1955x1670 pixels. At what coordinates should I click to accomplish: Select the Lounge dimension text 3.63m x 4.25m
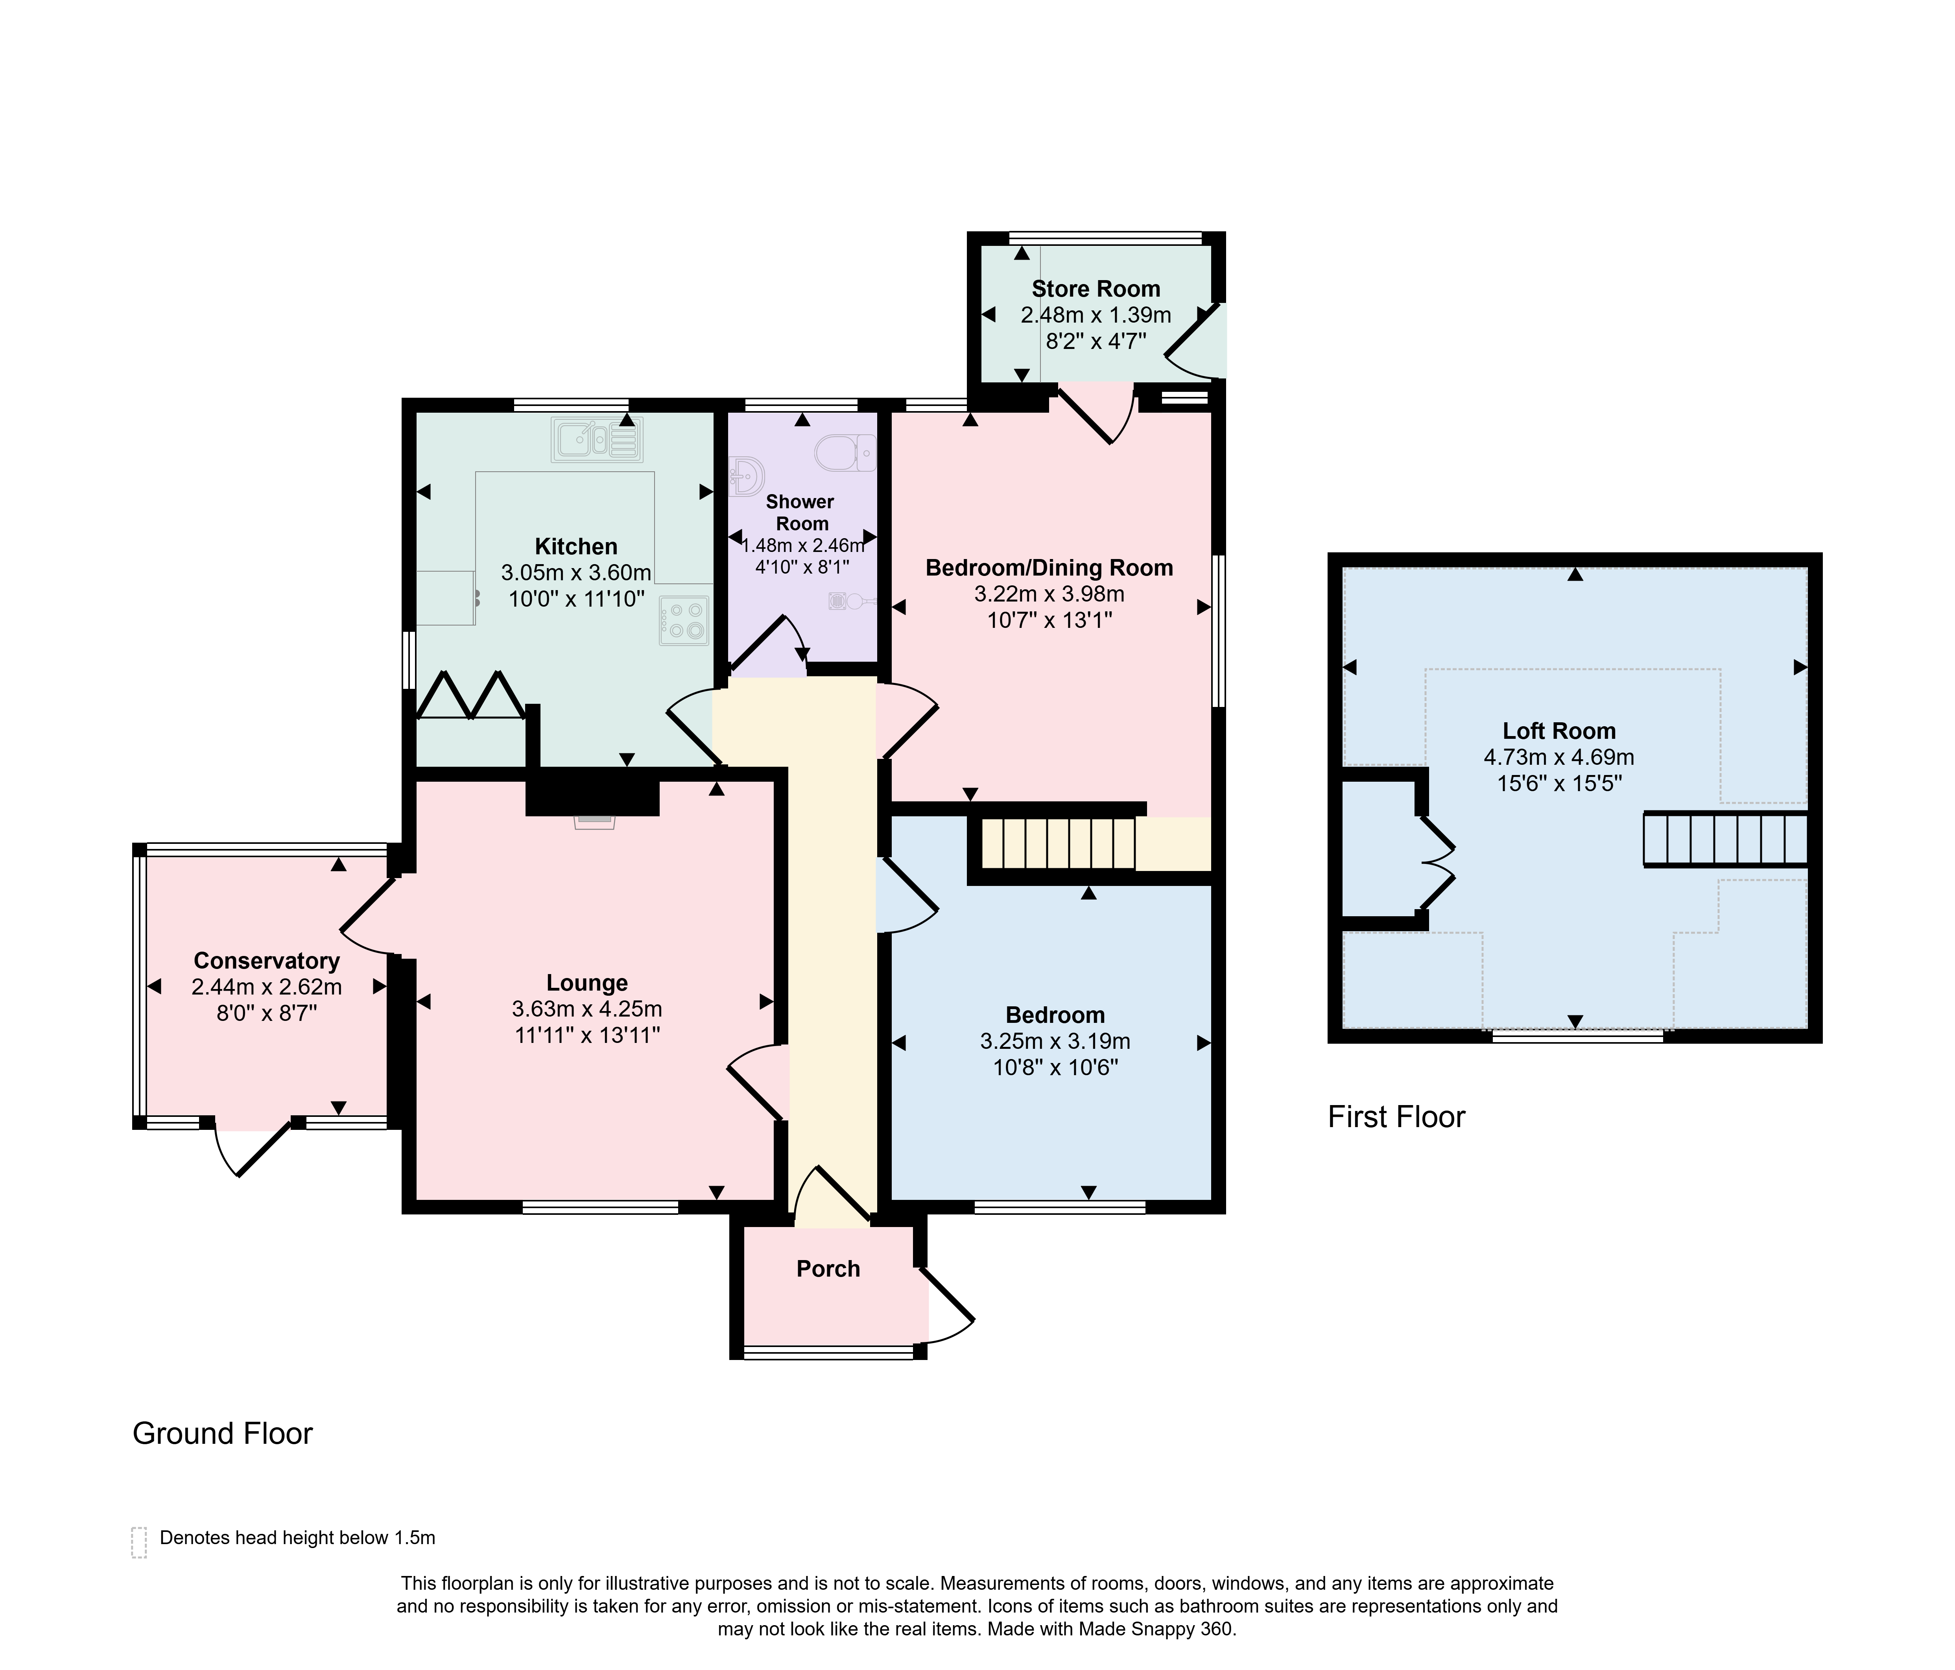coord(587,1009)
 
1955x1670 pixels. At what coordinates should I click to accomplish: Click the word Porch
coord(828,1269)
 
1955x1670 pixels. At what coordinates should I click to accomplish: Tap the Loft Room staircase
coord(1726,839)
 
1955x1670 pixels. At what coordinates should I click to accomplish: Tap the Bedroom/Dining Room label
coord(1049,568)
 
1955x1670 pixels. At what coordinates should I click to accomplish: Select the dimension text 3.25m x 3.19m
coord(1055,1042)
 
